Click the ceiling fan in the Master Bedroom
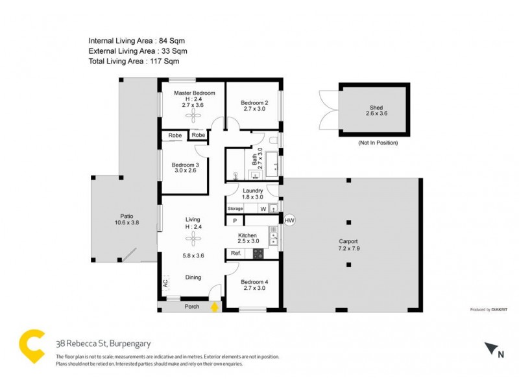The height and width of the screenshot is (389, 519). click(192, 115)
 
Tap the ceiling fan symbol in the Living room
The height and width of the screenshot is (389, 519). click(192, 238)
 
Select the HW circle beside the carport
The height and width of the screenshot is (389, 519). click(289, 220)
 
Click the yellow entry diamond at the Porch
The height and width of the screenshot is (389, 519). click(215, 307)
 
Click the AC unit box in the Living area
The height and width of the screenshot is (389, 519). click(165, 283)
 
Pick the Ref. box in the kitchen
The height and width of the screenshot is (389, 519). click(235, 253)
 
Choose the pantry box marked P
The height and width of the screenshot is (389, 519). click(235, 221)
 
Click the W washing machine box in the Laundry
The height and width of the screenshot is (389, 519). click(263, 208)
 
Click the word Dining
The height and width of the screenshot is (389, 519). click(192, 277)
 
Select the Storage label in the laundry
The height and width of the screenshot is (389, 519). click(235, 208)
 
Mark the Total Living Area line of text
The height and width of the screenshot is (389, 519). click(134, 61)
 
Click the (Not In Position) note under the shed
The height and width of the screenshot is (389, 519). click(378, 142)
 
